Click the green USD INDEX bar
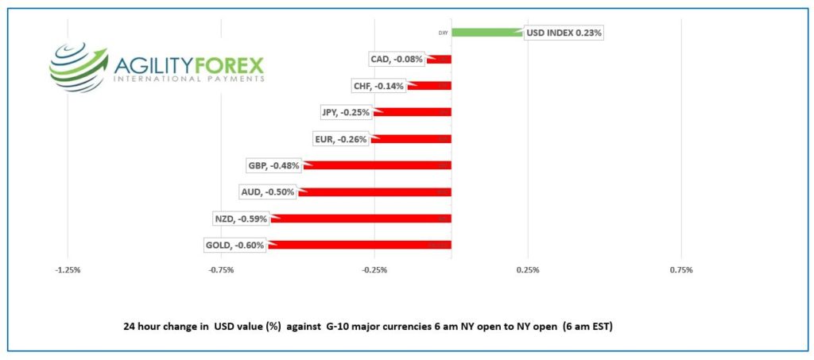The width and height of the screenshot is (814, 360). pyautogui.click(x=487, y=33)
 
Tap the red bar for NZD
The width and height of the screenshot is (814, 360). pyautogui.click(x=362, y=219)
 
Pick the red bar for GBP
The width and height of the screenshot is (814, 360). pyautogui.click(x=378, y=165)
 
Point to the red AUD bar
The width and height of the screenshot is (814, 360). pyautogui.click(x=375, y=192)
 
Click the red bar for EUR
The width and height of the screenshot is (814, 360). pyautogui.click(x=412, y=139)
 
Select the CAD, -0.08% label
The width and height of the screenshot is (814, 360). pyautogui.click(x=397, y=60)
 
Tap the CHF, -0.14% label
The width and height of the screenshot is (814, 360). pyautogui.click(x=378, y=86)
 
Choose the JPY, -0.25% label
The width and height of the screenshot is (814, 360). pyautogui.click(x=346, y=113)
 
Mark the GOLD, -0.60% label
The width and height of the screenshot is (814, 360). pyautogui.click(x=235, y=246)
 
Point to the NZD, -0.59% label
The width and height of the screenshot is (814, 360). pyautogui.click(x=240, y=219)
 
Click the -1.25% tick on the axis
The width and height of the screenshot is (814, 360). pyautogui.click(x=68, y=270)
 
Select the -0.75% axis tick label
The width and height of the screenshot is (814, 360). pyautogui.click(x=221, y=270)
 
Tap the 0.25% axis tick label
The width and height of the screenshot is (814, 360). pyautogui.click(x=528, y=270)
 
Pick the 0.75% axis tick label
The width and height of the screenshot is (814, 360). pyautogui.click(x=681, y=270)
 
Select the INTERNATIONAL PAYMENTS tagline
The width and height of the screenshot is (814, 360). pyautogui.click(x=188, y=80)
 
